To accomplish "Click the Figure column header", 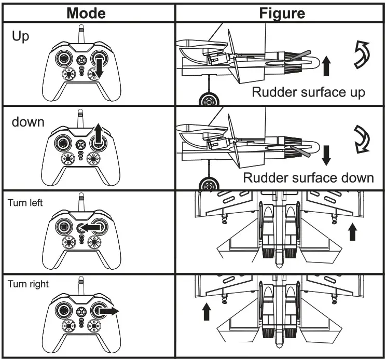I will pyautogui.click(x=282, y=12).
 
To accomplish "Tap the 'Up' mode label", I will pyautogui.click(x=21, y=37).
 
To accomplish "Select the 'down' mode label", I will pyautogui.click(x=29, y=122).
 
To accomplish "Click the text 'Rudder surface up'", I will pyautogui.click(x=309, y=92).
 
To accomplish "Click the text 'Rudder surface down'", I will pyautogui.click(x=309, y=178).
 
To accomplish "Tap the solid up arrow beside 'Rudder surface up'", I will pyautogui.click(x=326, y=66).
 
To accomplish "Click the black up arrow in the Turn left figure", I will pyautogui.click(x=353, y=231).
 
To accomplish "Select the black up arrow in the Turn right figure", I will pyautogui.click(x=206, y=311).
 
